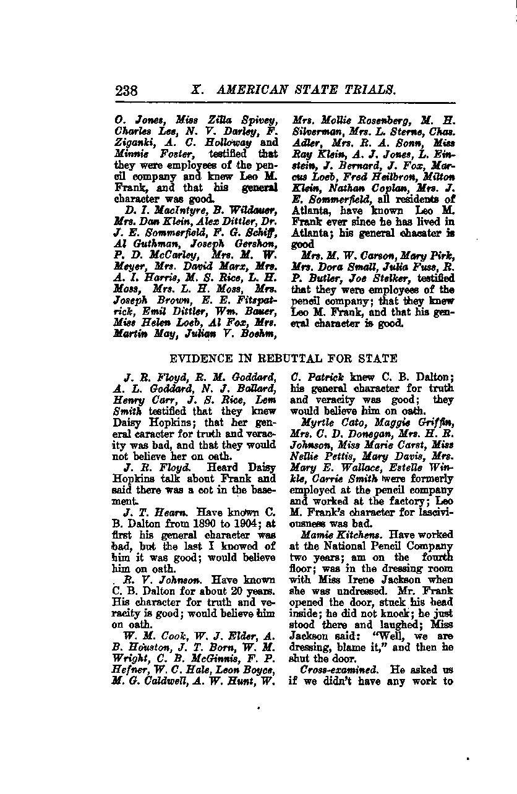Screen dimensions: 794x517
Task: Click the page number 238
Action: point(126,90)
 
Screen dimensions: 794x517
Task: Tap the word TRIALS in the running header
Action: point(372,90)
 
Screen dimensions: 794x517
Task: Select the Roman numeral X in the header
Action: point(197,90)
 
